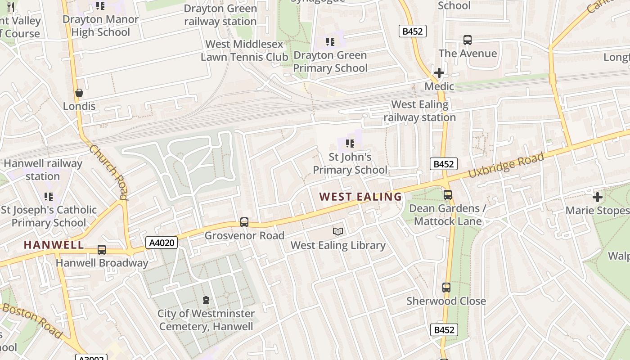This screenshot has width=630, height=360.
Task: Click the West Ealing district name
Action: [x=360, y=197]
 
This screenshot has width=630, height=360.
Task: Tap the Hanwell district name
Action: [x=54, y=245]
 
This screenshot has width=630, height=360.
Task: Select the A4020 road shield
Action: [x=162, y=243]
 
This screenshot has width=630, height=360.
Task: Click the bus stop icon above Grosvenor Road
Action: [x=244, y=222]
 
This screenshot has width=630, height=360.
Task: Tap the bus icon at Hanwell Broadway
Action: [x=102, y=250]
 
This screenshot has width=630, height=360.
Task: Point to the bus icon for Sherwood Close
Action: [x=446, y=288]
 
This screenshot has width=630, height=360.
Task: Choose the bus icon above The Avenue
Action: [x=468, y=40]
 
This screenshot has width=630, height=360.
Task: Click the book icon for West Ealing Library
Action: [x=338, y=232]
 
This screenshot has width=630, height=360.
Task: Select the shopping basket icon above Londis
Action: [x=79, y=93]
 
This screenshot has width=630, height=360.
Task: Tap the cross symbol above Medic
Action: [x=439, y=73]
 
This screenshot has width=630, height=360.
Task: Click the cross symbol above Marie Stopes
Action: [x=597, y=197]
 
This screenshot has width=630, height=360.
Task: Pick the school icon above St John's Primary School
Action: [x=350, y=144]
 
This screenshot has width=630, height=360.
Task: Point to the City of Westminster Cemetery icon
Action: [x=206, y=300]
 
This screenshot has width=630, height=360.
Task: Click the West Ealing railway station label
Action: [x=419, y=111]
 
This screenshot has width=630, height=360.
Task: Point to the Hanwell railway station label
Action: [x=43, y=170]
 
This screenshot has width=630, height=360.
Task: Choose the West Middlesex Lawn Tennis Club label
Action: [x=244, y=50]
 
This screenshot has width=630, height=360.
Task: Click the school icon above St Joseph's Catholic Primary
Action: [x=49, y=197]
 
